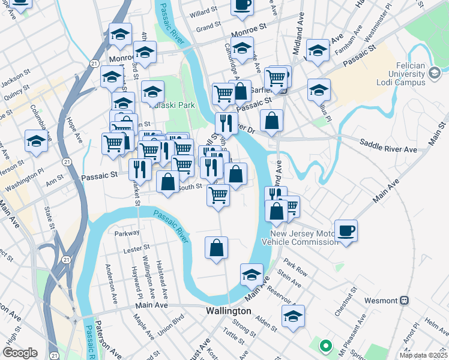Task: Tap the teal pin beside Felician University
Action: coord(434,74)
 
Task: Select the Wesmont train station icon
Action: coord(405,300)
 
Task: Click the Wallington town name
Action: coord(228,311)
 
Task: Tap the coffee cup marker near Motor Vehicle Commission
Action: coord(346,230)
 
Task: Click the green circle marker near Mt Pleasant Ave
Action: coord(325,346)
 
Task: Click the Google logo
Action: coord(20,353)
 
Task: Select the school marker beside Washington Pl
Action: coord(37,142)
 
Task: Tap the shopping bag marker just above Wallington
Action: coord(217,248)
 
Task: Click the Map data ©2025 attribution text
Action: coord(423,355)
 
